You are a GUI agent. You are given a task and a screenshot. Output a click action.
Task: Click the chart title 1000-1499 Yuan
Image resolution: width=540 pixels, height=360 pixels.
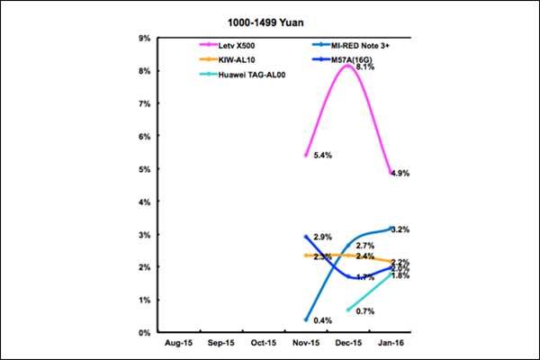tap(269, 19)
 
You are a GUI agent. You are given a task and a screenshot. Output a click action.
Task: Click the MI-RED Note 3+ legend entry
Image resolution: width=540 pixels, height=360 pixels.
tap(347, 44)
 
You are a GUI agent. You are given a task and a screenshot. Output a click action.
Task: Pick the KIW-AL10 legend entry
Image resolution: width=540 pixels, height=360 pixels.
tap(237, 58)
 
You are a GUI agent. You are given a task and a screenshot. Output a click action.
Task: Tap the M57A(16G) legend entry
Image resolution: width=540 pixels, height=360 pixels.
tap(342, 58)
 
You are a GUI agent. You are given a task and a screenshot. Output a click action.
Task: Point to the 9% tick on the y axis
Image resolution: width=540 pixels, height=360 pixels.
tap(143, 38)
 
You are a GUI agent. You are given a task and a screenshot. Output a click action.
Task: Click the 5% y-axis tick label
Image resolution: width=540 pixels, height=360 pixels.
tap(143, 169)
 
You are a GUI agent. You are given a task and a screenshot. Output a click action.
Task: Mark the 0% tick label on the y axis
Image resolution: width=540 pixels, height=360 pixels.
tap(143, 333)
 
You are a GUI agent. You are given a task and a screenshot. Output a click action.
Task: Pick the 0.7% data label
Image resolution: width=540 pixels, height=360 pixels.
tap(365, 311)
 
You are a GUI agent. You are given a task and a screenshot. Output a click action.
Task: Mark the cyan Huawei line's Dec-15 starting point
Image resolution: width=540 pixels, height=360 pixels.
tap(348, 310)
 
